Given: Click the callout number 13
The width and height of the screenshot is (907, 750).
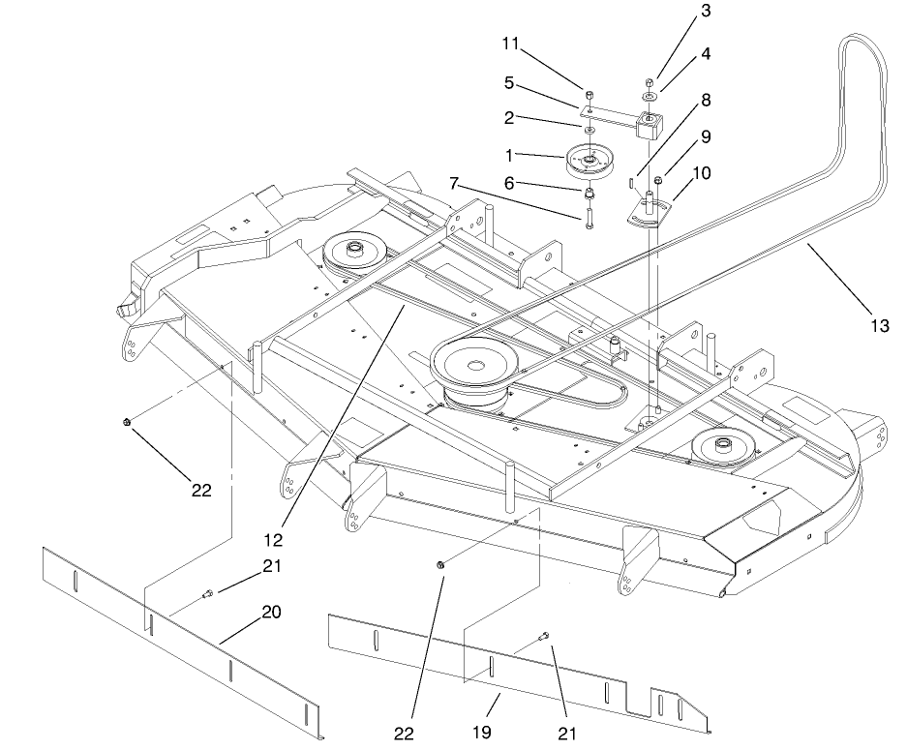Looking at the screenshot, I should pos(878,325).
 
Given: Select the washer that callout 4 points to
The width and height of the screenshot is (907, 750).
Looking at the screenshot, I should pos(648,97).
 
